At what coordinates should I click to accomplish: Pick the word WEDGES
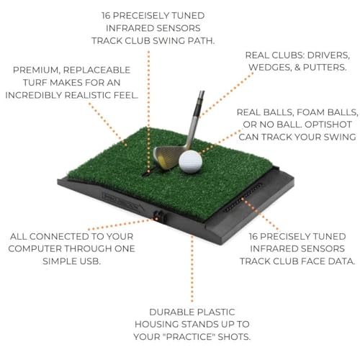click(258, 67)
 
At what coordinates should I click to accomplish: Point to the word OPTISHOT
click(327, 124)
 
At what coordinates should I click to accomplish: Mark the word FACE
click(315, 260)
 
